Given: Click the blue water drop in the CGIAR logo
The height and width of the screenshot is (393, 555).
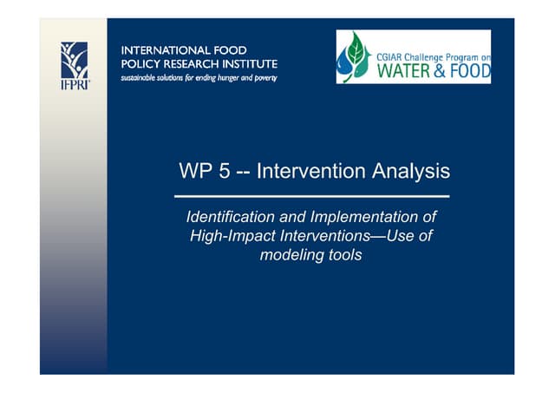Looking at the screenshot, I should tap(346, 63).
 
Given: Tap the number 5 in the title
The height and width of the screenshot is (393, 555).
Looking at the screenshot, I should tap(224, 172).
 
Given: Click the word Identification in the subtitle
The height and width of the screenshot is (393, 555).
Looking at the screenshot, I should tap(229, 217).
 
